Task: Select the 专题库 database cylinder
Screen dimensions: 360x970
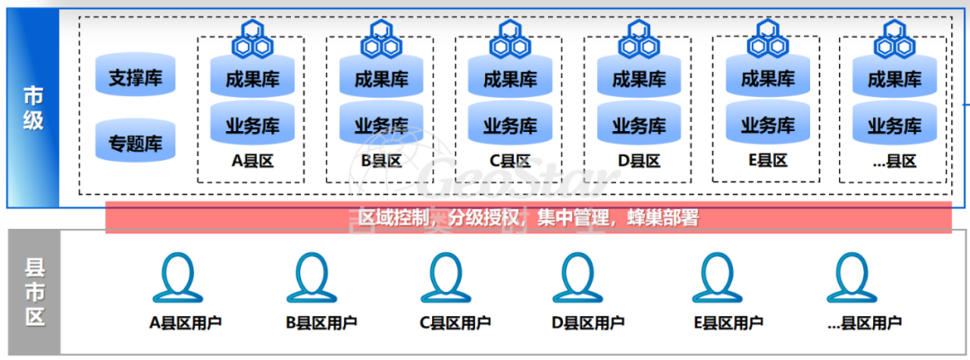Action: pyautogui.click(x=135, y=142)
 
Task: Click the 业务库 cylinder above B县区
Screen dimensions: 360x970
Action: pyautogui.click(x=381, y=124)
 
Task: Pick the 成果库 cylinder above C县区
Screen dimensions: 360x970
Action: pyautogui.click(x=509, y=79)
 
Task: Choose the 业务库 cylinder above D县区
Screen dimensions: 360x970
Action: pyautogui.click(x=639, y=124)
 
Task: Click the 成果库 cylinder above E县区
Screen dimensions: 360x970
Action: pyautogui.click(x=767, y=79)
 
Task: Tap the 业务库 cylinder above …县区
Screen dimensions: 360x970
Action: pyautogui.click(x=894, y=124)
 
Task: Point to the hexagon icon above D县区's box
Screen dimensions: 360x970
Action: pyautogui.click(x=639, y=39)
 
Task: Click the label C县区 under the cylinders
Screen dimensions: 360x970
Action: pyautogui.click(x=509, y=162)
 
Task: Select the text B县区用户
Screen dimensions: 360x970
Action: pyautogui.click(x=321, y=322)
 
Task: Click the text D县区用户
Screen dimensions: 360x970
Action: pyautogui.click(x=588, y=322)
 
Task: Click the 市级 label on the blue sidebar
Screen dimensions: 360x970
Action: pyautogui.click(x=33, y=108)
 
